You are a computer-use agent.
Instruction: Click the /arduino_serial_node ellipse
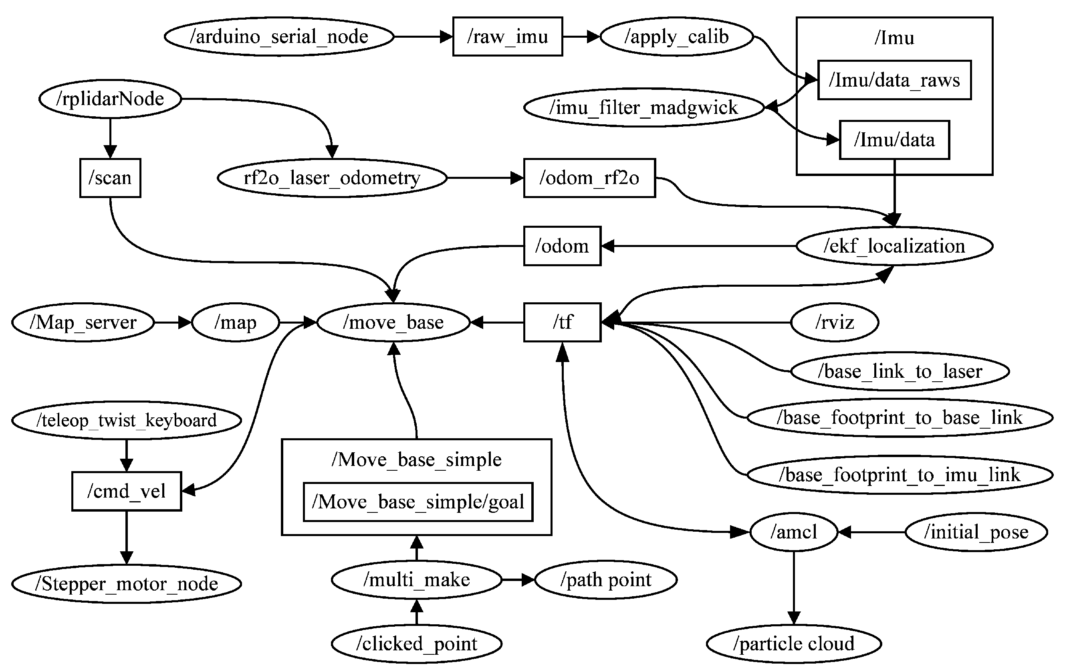[x=279, y=37]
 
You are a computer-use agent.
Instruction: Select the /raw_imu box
[x=508, y=37]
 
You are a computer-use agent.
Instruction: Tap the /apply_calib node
[x=677, y=37]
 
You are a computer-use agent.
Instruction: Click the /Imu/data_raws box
[x=894, y=80]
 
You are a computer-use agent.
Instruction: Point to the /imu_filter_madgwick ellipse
[x=644, y=107]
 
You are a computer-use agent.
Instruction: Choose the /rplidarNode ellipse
[x=110, y=99]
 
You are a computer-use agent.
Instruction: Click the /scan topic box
[x=110, y=178]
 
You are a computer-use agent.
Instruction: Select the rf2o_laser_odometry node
[x=332, y=178]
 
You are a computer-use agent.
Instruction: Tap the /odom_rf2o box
[x=589, y=178]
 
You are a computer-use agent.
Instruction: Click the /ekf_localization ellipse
[x=894, y=246]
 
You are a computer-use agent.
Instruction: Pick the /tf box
[x=562, y=322]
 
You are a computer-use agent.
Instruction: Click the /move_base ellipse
[x=393, y=322]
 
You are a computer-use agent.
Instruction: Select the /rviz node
[x=835, y=322]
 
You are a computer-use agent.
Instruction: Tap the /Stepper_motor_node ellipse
[x=127, y=584]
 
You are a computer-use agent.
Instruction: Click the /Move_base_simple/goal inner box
[x=418, y=502]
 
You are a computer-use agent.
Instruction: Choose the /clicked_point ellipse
[x=417, y=644]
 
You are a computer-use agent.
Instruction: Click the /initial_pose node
[x=976, y=532]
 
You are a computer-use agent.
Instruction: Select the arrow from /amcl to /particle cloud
[x=794, y=588]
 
